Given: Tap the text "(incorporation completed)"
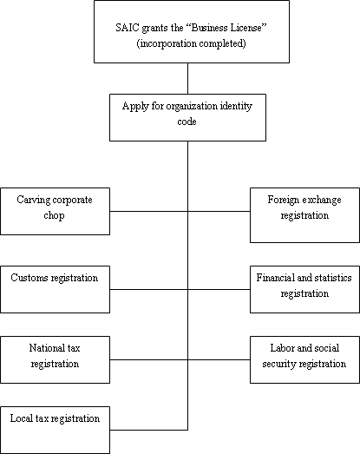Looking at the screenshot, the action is tap(192, 43).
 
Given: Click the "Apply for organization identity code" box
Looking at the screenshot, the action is tap(188, 117).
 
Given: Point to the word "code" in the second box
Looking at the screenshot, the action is tap(187, 122).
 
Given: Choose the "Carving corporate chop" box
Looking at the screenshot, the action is tap(55, 211).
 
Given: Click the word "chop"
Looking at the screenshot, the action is tap(54, 215).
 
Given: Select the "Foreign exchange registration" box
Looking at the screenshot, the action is tap(305, 215).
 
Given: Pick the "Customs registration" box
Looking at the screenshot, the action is tap(55, 290).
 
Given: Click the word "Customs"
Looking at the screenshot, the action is tap(29, 278).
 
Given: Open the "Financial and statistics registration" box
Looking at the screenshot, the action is tap(305, 290).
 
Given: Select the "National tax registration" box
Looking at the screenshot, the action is tap(55, 359).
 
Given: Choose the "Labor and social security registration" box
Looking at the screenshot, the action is tap(305, 359).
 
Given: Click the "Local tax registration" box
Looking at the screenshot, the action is tap(55, 431).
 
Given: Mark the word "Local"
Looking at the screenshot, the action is tap(22, 418).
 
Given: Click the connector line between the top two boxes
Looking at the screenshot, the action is tap(188, 78).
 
